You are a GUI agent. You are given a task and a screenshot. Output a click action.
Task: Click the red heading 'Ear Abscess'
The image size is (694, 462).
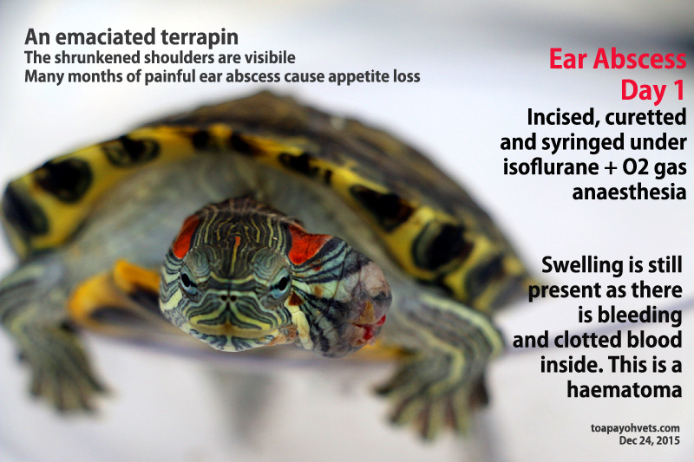[618, 59]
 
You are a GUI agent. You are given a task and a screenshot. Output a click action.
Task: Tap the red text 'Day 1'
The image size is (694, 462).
[652, 91]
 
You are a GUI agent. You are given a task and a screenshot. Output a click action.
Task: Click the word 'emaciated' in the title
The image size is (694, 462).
[105, 37]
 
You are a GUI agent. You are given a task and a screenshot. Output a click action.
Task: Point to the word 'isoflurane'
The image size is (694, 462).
[551, 167]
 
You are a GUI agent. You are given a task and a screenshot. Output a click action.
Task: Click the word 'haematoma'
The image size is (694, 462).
[624, 390]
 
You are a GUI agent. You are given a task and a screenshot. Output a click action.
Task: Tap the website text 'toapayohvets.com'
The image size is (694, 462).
[635, 428]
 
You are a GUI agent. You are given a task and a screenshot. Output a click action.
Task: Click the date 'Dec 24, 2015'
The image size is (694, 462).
[649, 441]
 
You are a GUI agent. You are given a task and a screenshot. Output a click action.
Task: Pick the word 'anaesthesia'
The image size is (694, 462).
[629, 192]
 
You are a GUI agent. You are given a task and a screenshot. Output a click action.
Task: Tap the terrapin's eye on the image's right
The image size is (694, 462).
[281, 283]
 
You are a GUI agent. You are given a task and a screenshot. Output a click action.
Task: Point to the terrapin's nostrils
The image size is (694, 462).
[228, 298]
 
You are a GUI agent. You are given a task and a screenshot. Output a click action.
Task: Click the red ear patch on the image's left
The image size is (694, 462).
[185, 236]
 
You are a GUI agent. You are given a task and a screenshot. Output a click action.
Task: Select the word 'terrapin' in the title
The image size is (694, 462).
[200, 38]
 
